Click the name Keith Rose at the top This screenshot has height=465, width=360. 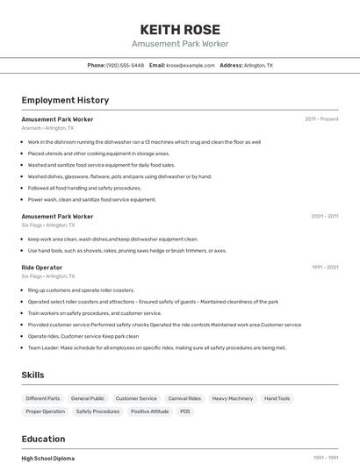coord(180,29)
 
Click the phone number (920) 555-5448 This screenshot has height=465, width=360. coord(125,65)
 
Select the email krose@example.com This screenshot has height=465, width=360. coord(191,65)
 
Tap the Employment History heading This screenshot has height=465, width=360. coord(65,100)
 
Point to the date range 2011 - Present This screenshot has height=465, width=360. coord(321,118)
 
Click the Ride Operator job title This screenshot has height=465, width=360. coord(42,267)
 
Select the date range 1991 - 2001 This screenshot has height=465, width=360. coord(325,267)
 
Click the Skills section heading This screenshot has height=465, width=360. coord(32,375)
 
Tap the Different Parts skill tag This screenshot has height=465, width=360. coord(42,398)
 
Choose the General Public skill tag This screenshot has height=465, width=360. coord(88,398)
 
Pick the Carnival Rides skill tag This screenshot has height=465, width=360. coord(184,398)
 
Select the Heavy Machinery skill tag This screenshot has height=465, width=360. coord(233,398)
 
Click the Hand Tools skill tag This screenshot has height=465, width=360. coord(277,398)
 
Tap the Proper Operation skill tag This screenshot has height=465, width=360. coord(46,411)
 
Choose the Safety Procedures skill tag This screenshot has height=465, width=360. coord(97,411)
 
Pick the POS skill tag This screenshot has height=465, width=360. coord(185,411)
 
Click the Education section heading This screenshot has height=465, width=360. coord(43,439)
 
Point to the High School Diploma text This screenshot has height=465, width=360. coord(48,458)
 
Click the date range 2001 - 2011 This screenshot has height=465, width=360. coord(325,216)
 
